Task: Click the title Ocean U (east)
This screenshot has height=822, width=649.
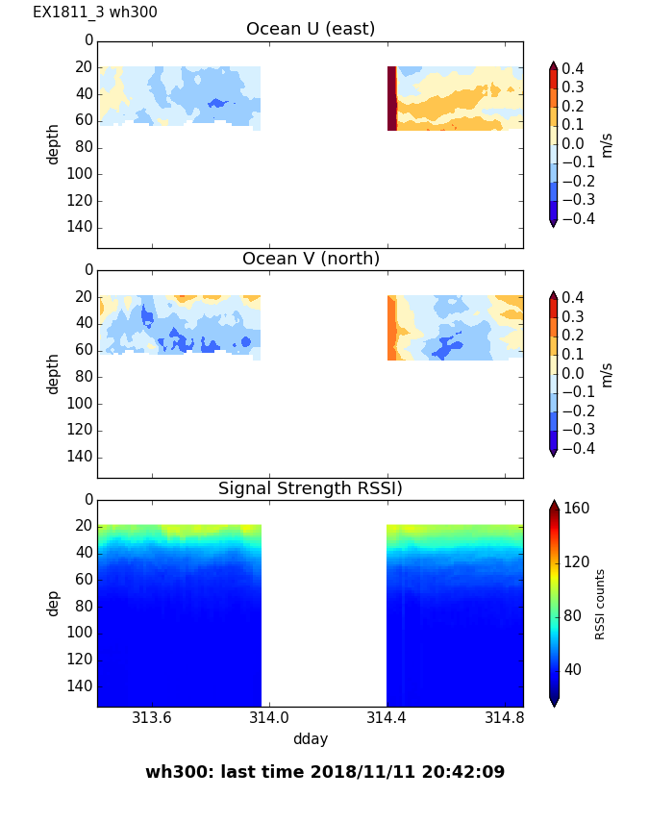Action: tap(311, 29)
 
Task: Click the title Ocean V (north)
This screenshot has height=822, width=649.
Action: tap(311, 259)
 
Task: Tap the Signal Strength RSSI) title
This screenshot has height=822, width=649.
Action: tap(311, 488)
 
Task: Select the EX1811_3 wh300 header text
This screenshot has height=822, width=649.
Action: tap(95, 12)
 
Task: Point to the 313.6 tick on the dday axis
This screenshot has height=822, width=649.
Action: tap(151, 718)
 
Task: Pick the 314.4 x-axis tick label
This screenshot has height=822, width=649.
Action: tap(387, 718)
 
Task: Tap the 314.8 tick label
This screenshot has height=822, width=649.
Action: tap(505, 718)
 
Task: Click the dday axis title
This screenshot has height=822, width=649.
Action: tap(311, 739)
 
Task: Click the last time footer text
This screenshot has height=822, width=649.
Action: tap(325, 772)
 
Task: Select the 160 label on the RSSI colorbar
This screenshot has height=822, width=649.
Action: tap(576, 508)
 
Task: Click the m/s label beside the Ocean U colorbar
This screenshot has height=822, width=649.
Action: tap(606, 144)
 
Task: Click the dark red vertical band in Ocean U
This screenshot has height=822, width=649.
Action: tap(391, 98)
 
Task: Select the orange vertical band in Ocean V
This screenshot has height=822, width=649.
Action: tap(391, 328)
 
